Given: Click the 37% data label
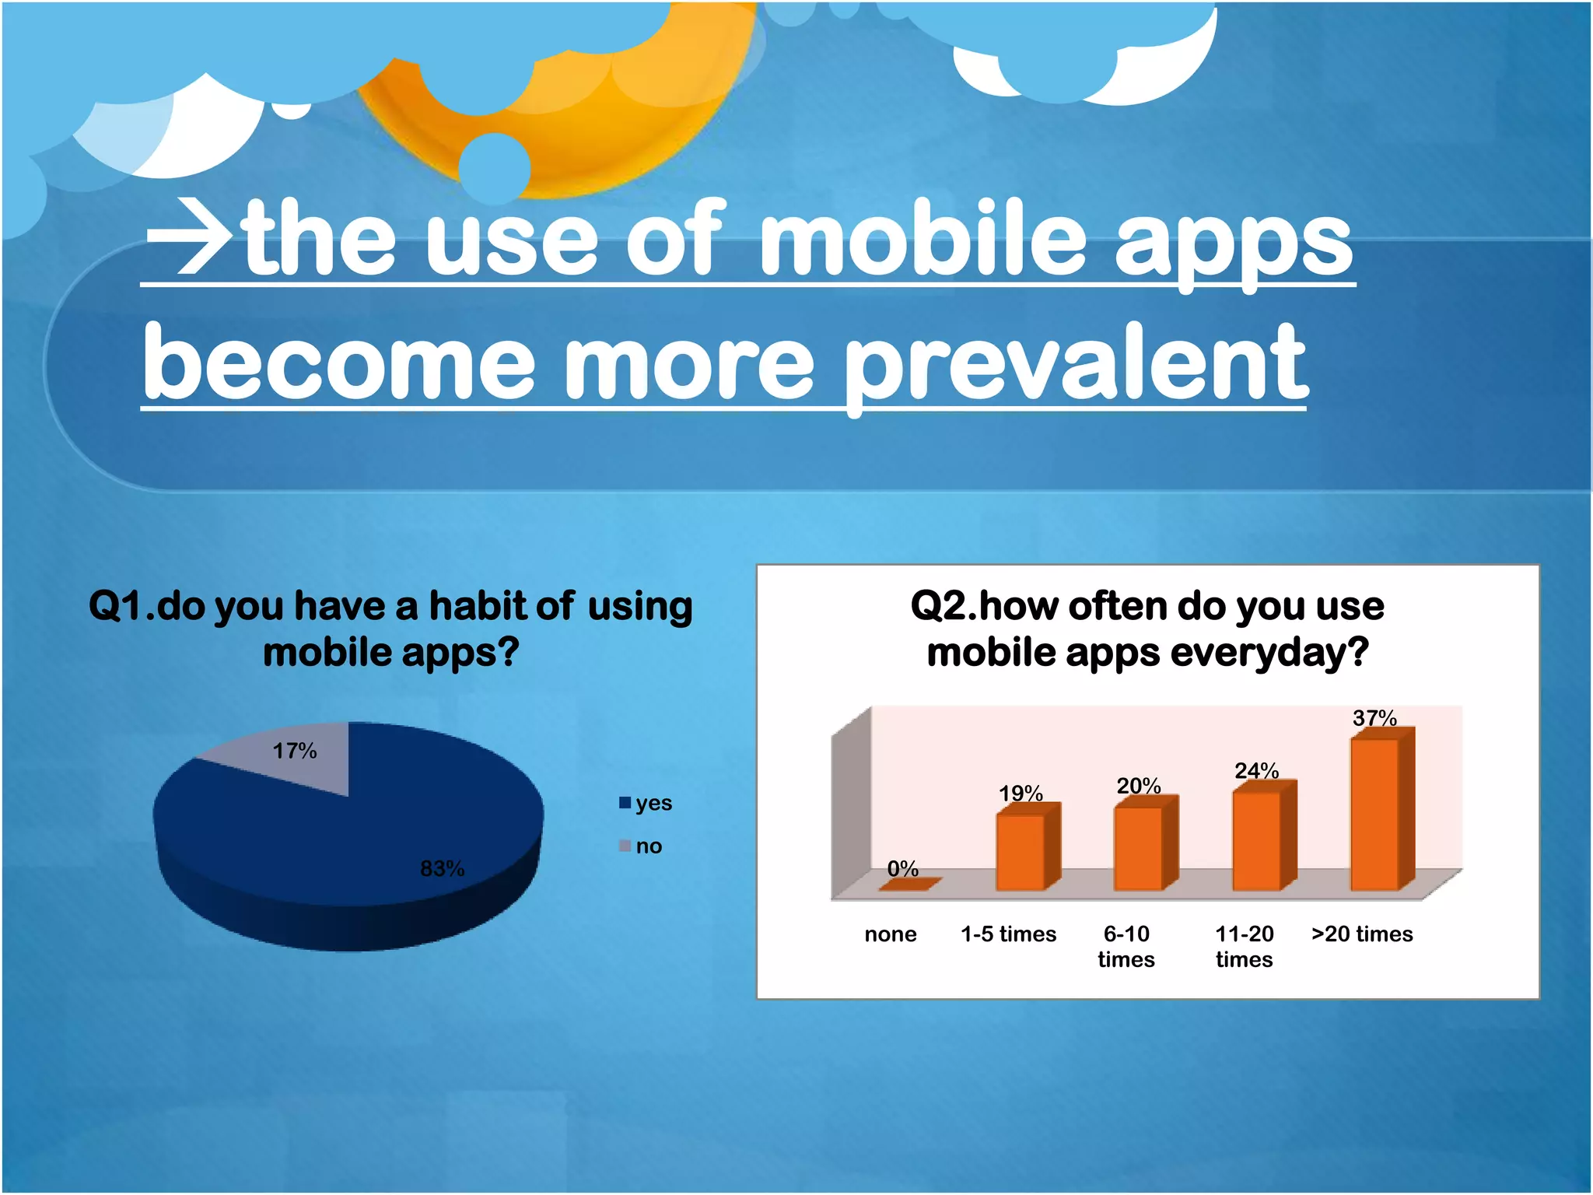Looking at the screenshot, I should [x=1374, y=717].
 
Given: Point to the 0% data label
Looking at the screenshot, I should [x=902, y=868].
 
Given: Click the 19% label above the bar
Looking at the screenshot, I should [x=1021, y=794].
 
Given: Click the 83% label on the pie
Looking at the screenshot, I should [x=442, y=868].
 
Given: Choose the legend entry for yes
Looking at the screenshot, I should [x=646, y=803].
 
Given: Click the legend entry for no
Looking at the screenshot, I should [x=641, y=846].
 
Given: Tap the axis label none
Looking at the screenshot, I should [x=891, y=934].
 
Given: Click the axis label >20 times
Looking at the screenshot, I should [x=1362, y=934].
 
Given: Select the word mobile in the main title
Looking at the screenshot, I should [x=922, y=238].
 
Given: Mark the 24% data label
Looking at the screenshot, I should [x=1256, y=770].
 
